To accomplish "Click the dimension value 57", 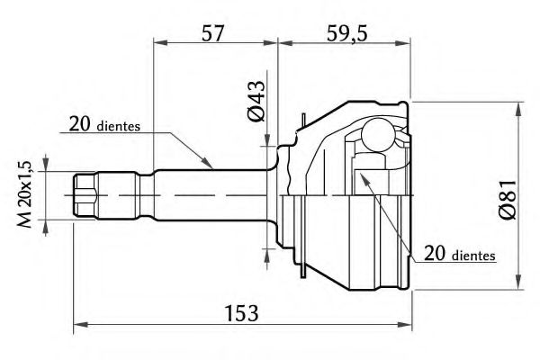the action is click(x=212, y=33).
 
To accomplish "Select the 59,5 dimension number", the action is click(x=347, y=33).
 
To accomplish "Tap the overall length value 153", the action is click(x=241, y=313).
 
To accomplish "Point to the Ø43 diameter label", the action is click(x=256, y=101).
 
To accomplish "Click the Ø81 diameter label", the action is click(x=508, y=199).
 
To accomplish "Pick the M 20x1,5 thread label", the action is click(x=25, y=194).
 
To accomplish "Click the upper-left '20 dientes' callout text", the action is click(x=104, y=124).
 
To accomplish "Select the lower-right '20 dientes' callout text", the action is click(x=460, y=254).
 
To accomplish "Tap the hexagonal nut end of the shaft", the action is click(x=85, y=195).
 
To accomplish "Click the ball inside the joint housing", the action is click(x=378, y=135).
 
